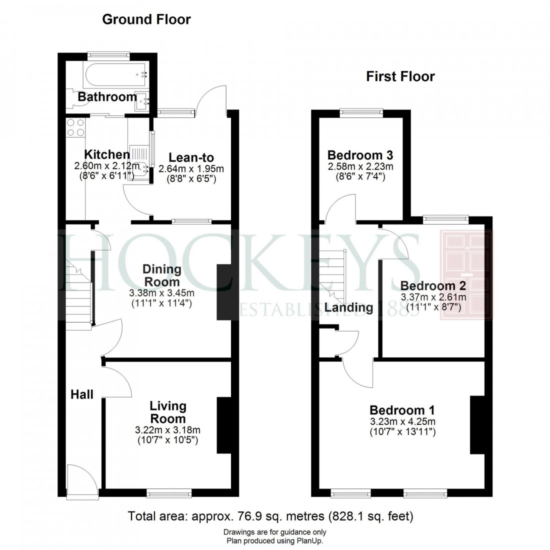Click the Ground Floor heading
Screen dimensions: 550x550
[146, 19]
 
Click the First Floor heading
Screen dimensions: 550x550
[400, 76]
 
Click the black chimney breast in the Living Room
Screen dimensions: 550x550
[224, 425]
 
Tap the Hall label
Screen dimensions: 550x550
[82, 394]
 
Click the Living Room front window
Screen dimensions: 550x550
[169, 493]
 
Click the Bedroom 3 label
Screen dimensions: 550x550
[359, 154]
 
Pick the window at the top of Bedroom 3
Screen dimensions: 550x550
[361, 112]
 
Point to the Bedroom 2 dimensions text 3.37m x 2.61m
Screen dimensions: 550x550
[433, 297]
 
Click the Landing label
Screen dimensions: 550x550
[348, 307]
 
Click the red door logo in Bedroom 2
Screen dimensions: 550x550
[466, 275]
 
